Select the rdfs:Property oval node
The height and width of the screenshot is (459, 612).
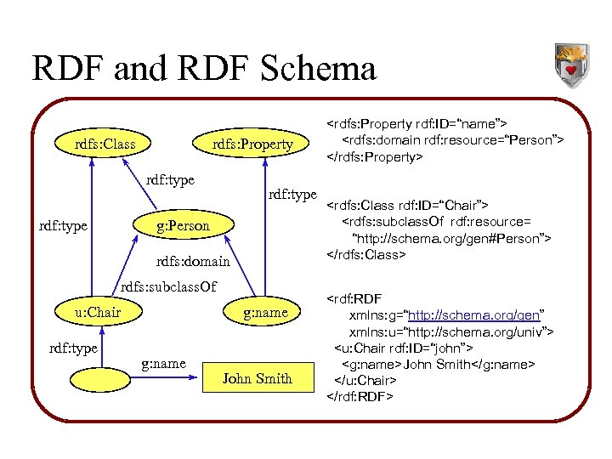[x=252, y=144]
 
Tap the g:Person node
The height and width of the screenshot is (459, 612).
[x=182, y=225]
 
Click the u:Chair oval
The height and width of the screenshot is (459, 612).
[x=99, y=312]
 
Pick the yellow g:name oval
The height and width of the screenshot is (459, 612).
[x=265, y=312]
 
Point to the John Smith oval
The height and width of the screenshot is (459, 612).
[x=257, y=378]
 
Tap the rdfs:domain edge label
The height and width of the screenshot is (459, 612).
[x=194, y=261]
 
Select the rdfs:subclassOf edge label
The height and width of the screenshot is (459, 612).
[x=169, y=286]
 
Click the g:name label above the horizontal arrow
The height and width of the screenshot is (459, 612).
[x=163, y=364]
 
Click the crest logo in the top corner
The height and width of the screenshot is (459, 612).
[x=572, y=66]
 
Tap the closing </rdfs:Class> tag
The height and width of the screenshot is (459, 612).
[x=366, y=254]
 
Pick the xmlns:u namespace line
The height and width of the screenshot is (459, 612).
[x=451, y=331]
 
